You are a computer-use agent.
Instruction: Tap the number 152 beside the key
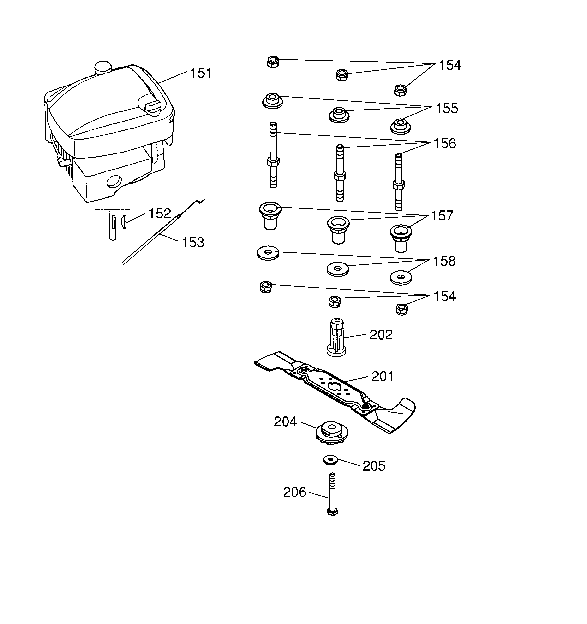(160, 214)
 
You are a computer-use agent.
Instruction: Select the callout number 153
(193, 242)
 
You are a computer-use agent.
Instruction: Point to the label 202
(381, 335)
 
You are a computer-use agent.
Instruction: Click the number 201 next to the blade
(382, 376)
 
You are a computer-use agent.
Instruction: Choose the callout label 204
(285, 422)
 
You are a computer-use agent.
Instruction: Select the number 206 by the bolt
(294, 492)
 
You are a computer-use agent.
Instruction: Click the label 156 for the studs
(445, 143)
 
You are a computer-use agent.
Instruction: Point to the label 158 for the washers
(444, 261)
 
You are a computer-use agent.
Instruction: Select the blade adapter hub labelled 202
(336, 337)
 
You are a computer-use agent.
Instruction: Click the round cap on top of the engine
(103, 68)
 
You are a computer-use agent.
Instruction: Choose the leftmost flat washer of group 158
(268, 253)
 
